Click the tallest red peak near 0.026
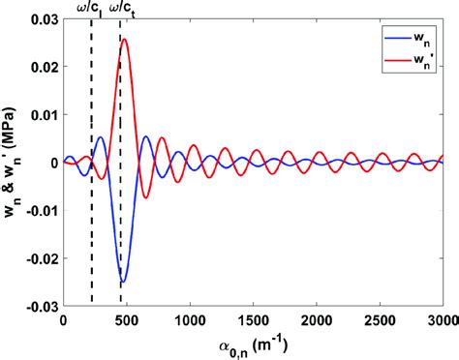point(125,40)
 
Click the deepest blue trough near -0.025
point(123,282)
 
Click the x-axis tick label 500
point(126,320)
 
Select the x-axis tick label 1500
point(253,320)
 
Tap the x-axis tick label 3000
point(442,320)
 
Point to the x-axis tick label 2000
point(316,320)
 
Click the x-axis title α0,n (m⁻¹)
point(252,345)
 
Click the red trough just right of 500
point(146,197)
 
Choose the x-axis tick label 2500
point(379,320)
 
